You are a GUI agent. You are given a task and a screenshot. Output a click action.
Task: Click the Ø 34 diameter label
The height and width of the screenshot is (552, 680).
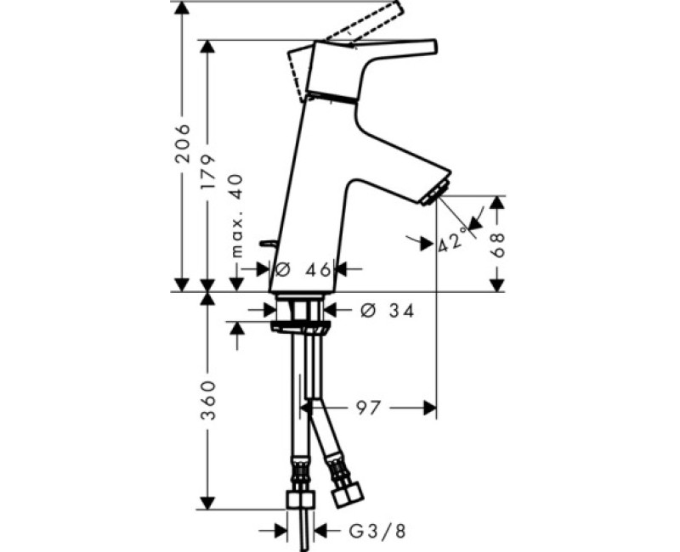click(386, 312)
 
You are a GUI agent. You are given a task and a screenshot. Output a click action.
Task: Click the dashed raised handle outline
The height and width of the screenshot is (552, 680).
click(365, 22)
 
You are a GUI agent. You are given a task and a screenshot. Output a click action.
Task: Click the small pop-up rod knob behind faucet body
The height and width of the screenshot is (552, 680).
click(268, 242)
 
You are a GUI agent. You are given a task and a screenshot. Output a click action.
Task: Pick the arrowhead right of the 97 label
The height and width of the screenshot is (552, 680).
click(429, 409)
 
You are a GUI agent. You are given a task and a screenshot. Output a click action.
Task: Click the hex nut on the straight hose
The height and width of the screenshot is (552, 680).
click(299, 499)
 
